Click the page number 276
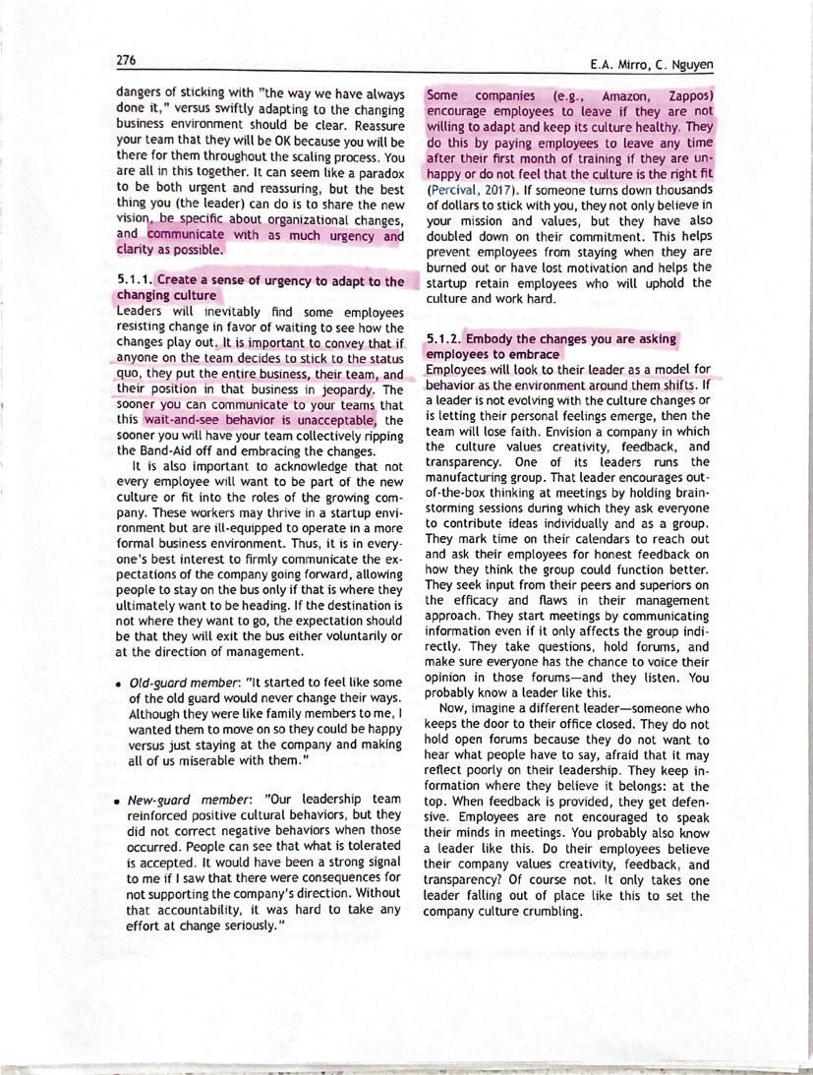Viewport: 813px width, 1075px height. coord(126,60)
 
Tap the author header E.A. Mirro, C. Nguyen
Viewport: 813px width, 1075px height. coord(651,65)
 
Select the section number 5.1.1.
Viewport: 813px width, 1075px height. coord(134,282)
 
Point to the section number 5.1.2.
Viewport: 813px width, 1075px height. coord(444,339)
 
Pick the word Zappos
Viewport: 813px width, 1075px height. coord(690,96)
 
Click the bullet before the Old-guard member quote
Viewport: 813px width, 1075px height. coord(118,684)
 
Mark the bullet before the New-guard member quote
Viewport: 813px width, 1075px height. coord(118,801)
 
